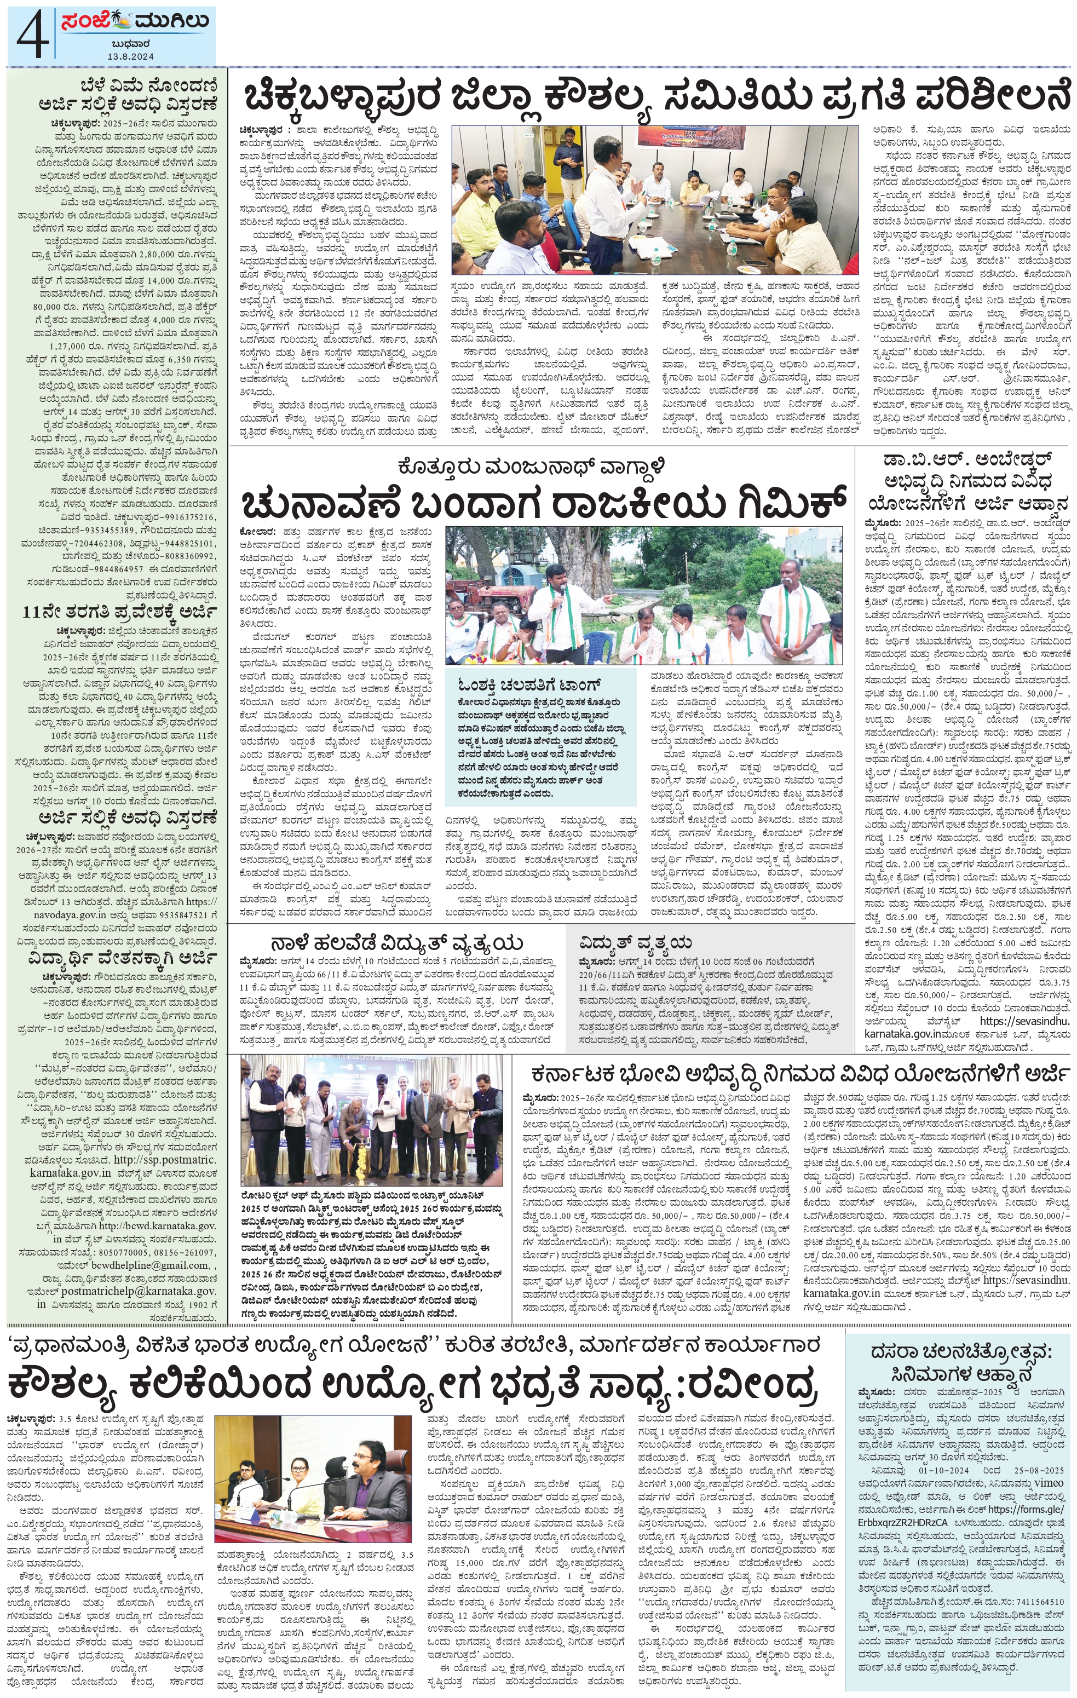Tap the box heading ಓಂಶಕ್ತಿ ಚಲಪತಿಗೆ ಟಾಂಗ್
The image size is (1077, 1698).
tap(528, 684)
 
